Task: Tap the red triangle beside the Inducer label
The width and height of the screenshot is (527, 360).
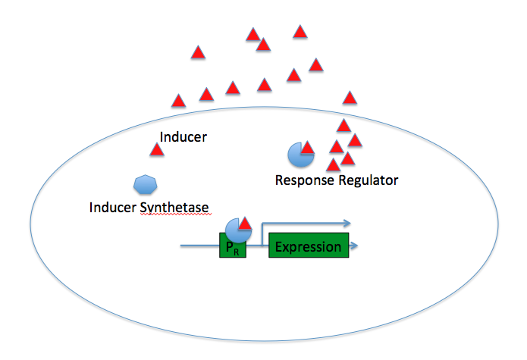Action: [x=157, y=149]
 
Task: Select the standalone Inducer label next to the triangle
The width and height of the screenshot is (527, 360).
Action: [x=184, y=137]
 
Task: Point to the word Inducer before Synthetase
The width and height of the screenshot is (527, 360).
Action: [x=111, y=207]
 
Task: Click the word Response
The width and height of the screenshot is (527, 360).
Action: [x=304, y=180]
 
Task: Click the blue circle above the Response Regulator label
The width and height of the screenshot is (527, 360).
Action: [x=298, y=155]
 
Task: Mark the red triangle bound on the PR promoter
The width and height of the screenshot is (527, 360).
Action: [x=245, y=223]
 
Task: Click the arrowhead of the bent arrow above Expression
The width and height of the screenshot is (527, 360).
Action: [x=347, y=224]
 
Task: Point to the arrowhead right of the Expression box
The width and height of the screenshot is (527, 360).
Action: [x=354, y=246]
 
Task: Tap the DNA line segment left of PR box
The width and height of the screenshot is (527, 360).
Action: [x=199, y=246]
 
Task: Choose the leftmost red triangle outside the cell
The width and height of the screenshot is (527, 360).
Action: [x=178, y=100]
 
